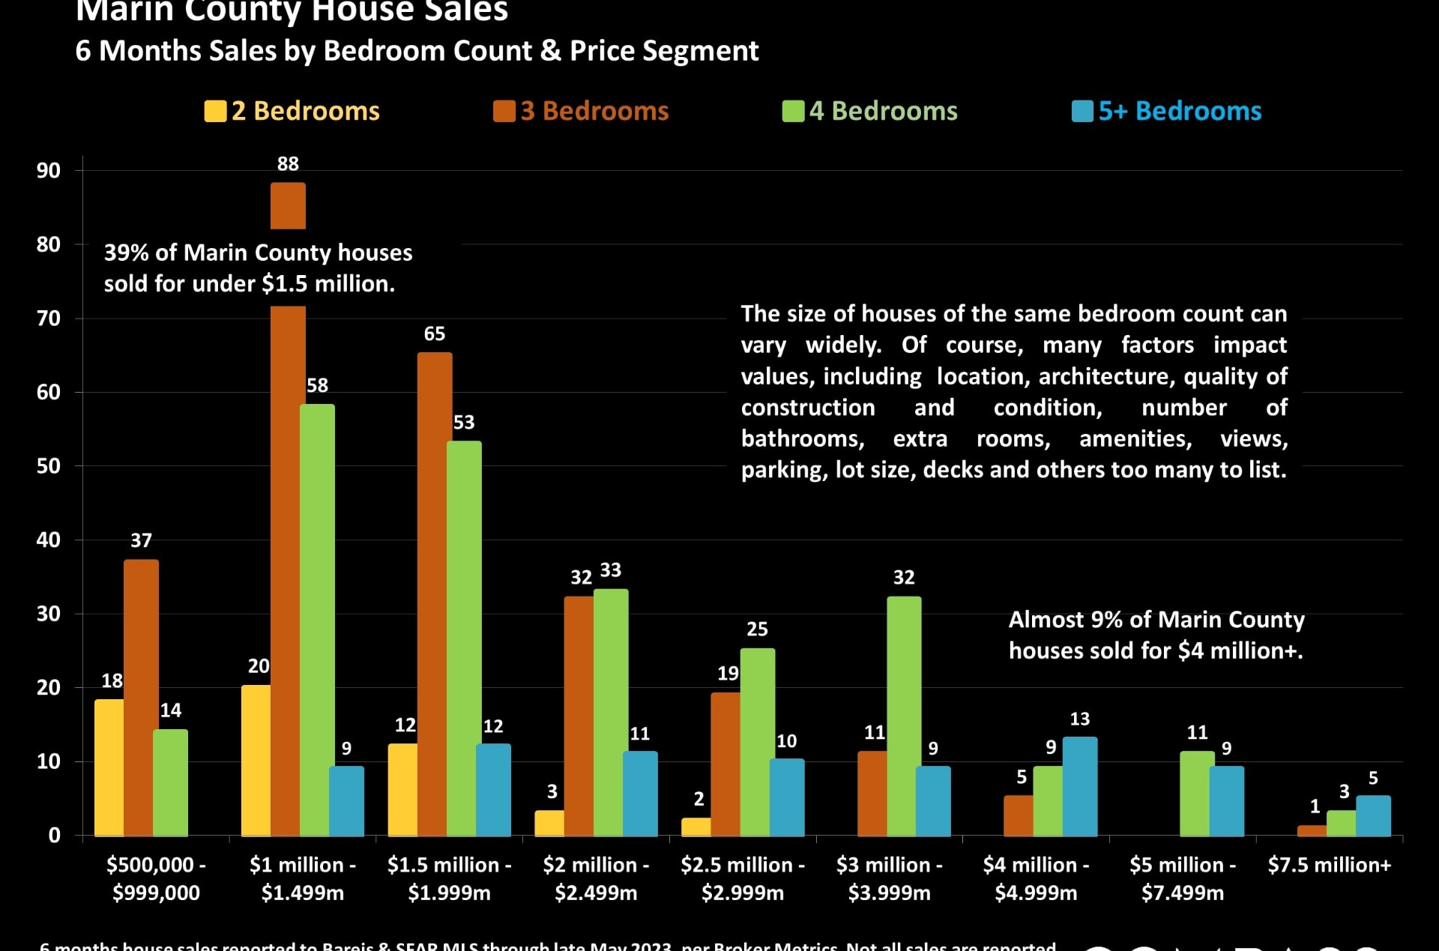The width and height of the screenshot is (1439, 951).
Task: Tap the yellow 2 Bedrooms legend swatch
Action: coord(214,111)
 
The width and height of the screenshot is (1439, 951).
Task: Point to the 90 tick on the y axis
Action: coord(49,170)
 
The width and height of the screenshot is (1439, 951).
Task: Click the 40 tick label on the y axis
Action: coord(49,540)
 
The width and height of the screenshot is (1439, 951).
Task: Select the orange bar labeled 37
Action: coord(141,697)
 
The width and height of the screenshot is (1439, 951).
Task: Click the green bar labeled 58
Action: coord(317,620)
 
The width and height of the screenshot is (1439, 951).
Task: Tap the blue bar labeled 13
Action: coord(1079,786)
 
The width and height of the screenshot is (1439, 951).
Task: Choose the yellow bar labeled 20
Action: coord(256,760)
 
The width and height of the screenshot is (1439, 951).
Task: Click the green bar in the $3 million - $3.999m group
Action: coord(904,716)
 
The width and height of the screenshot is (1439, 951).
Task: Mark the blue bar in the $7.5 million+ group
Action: coord(1373,815)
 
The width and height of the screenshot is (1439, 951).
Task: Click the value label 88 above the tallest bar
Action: coord(288,163)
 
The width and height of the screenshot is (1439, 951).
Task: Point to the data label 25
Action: coord(757,629)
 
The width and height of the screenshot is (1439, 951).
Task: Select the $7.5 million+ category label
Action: coord(1329,865)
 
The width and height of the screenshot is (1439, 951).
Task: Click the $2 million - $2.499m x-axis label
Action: coord(596,878)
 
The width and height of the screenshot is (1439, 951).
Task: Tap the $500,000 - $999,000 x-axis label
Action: coord(156,878)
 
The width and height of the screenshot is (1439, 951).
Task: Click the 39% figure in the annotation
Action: coord(126,253)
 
